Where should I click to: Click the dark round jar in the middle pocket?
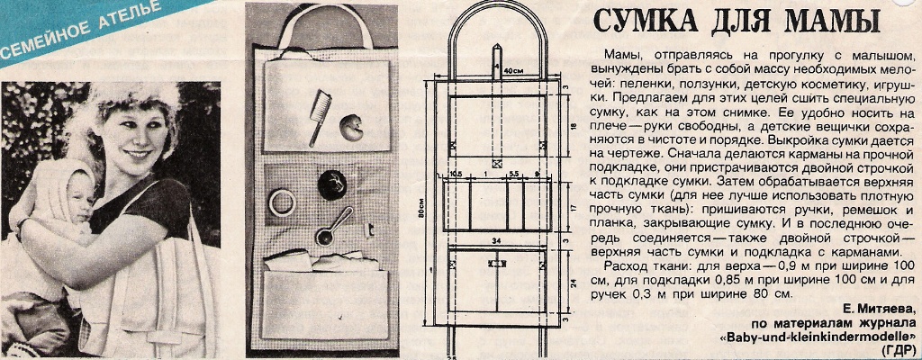point(330,184)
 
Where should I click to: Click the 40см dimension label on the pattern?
point(514,69)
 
